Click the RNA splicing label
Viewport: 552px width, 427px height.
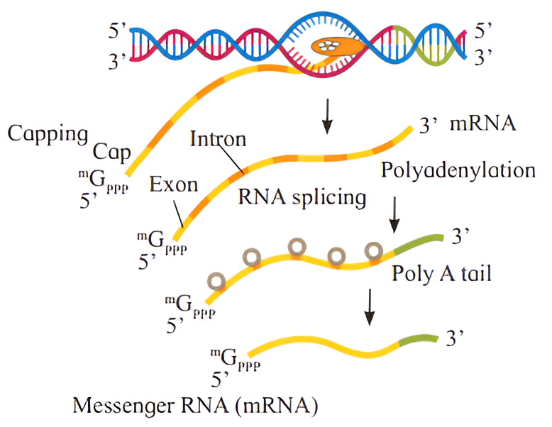click(302, 196)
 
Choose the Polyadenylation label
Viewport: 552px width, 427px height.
click(458, 170)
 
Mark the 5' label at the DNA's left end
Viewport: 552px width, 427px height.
click(116, 33)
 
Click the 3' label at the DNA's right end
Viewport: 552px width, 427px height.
click(483, 58)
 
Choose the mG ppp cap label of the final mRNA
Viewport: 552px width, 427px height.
click(234, 359)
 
